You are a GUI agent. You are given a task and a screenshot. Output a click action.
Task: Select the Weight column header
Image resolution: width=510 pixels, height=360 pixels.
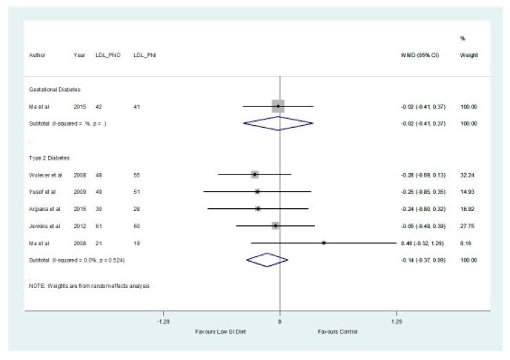[x=469, y=54]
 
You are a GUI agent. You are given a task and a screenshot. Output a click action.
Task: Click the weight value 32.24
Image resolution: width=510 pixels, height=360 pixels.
[x=469, y=175]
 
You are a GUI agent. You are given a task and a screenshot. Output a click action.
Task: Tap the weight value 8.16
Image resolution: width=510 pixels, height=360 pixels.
[x=470, y=243]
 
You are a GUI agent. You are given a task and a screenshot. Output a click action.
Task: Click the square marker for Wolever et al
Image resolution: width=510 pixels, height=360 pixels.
[x=255, y=175]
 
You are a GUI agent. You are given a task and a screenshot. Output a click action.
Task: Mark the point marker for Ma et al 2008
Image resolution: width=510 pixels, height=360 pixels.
[x=324, y=243]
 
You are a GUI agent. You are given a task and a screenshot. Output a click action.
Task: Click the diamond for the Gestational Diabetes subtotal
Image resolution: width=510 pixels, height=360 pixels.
[x=278, y=124]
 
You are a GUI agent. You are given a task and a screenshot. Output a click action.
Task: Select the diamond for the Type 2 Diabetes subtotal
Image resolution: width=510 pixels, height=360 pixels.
[x=267, y=260]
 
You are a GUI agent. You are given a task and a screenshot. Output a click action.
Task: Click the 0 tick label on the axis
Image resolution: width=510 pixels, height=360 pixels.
[x=280, y=322]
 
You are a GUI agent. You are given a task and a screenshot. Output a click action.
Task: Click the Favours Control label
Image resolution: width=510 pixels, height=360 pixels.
[x=337, y=331]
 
